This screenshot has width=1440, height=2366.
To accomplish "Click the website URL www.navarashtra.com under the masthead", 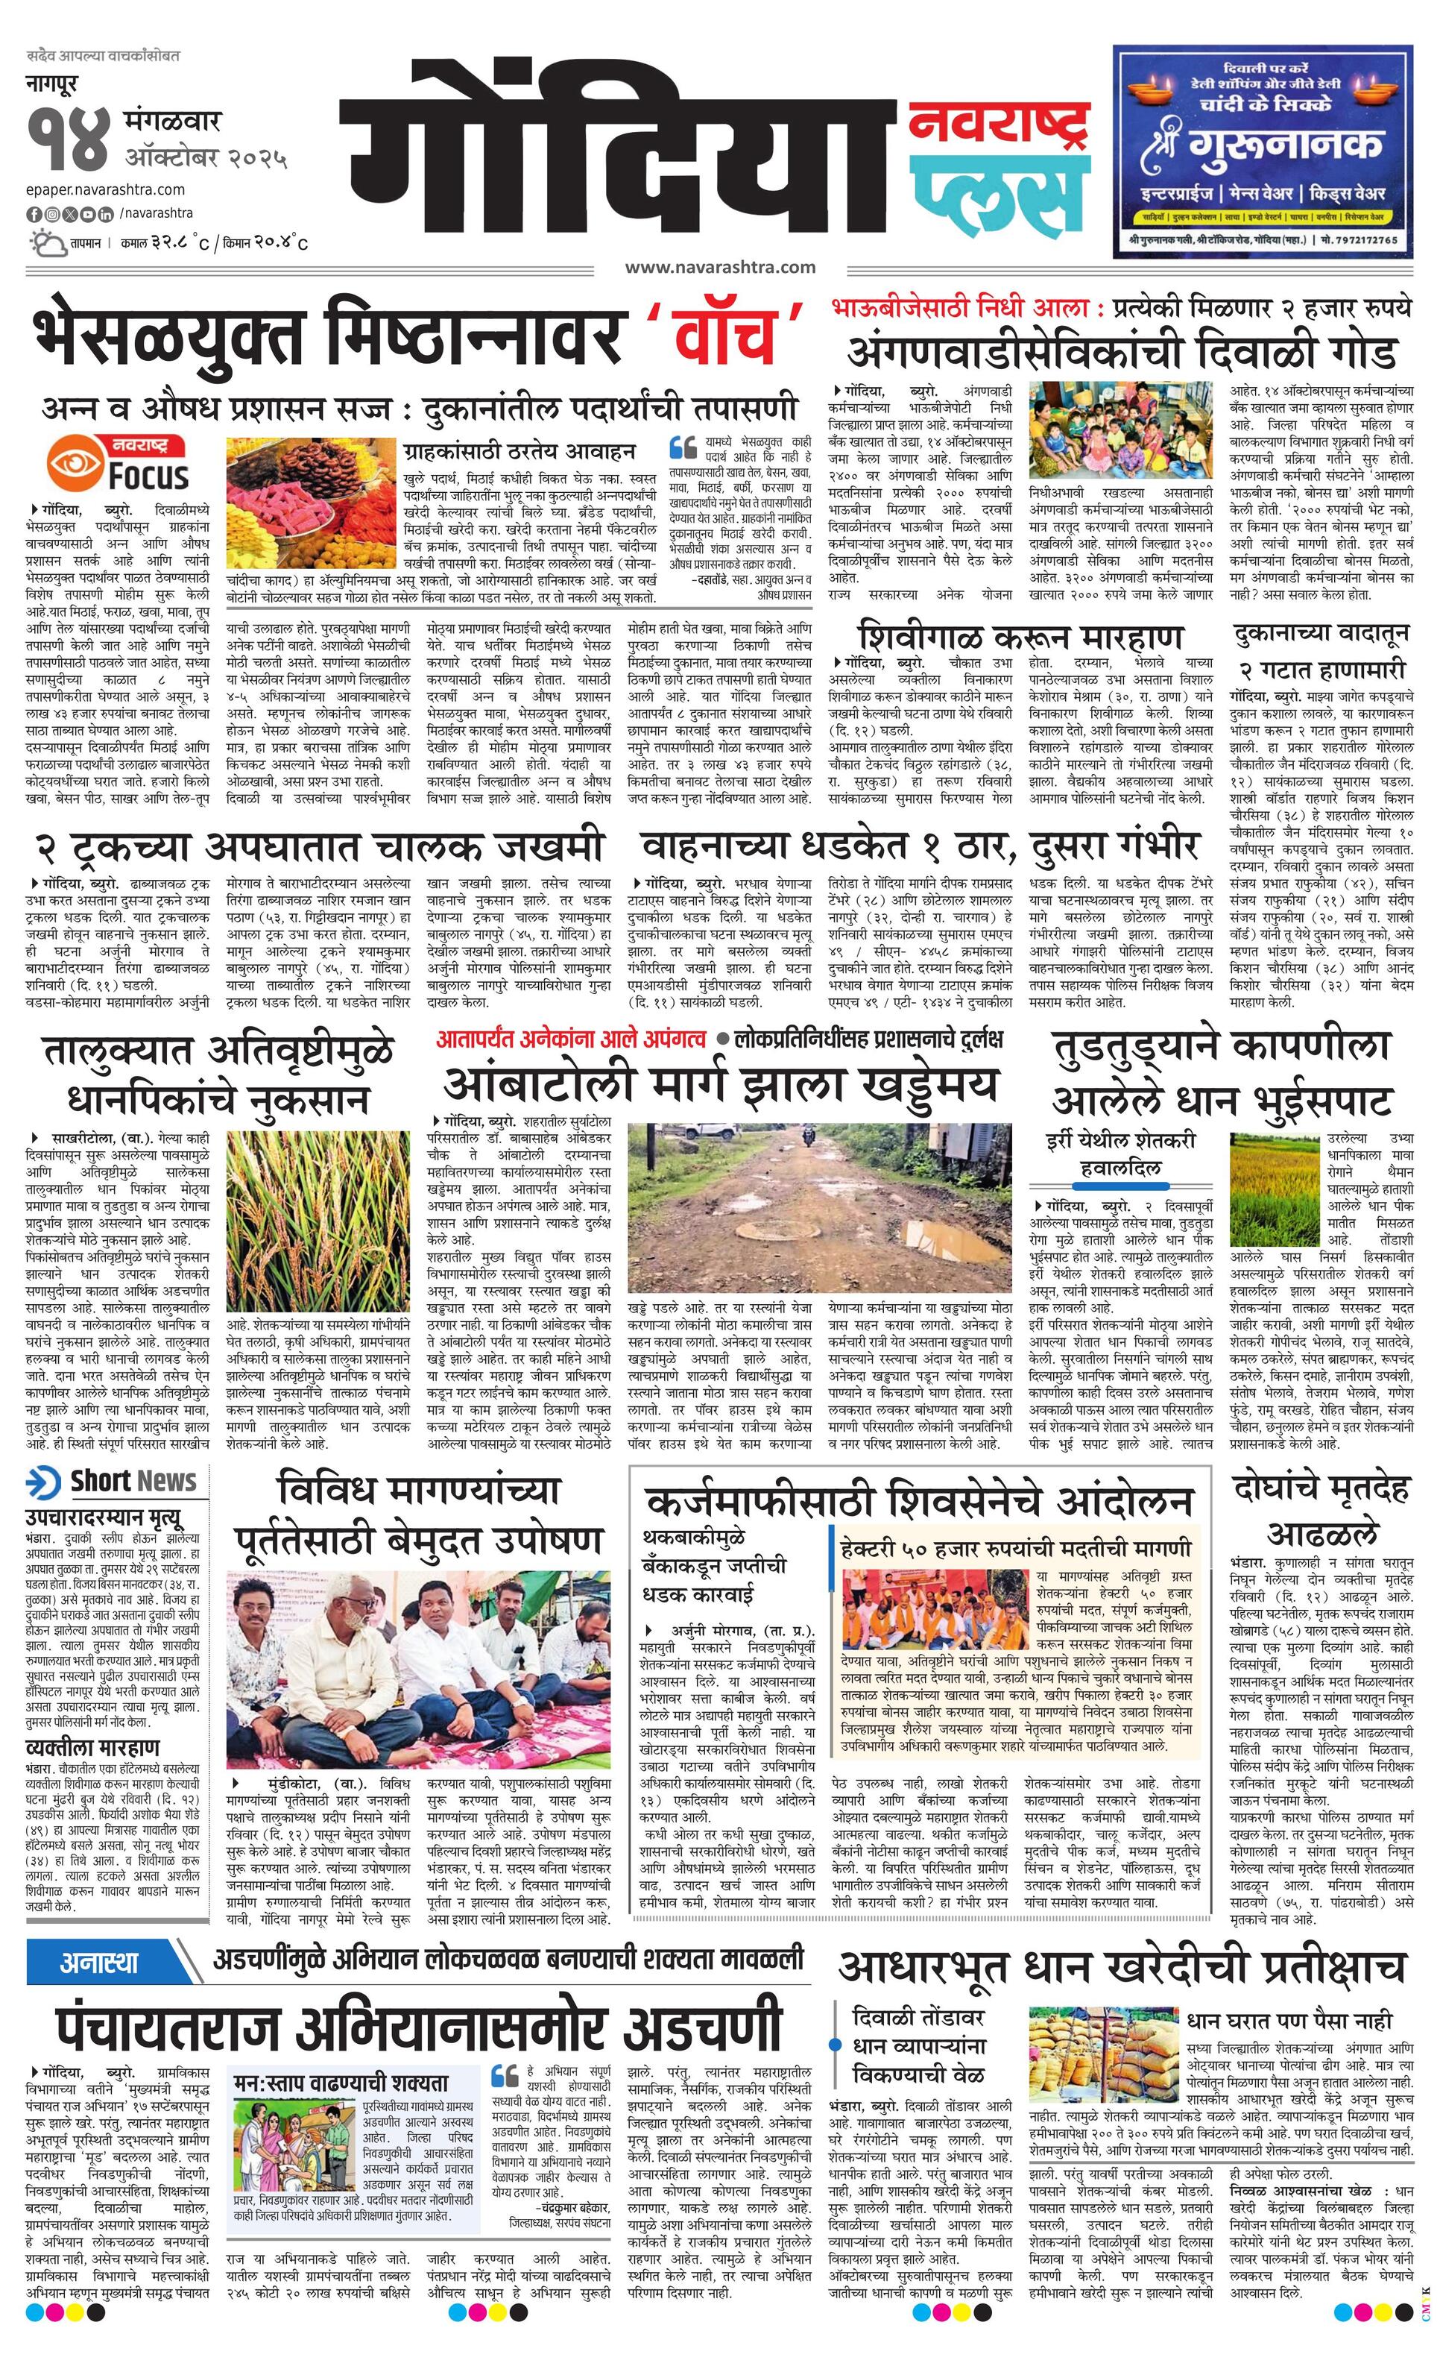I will point(719,268).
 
